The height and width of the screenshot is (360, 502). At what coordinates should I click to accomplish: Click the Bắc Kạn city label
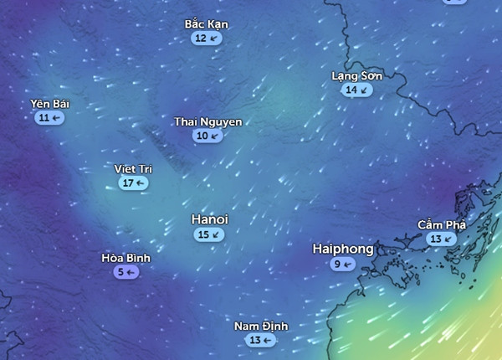(x=206, y=24)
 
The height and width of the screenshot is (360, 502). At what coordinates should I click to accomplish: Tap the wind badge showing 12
(x=206, y=39)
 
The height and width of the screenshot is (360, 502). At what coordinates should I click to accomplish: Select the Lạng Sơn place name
(x=356, y=76)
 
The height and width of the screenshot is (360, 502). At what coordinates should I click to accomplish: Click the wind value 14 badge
(x=356, y=90)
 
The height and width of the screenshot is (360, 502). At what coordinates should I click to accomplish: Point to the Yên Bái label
(x=50, y=104)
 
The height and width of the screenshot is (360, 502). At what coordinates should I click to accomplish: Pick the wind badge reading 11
(x=50, y=118)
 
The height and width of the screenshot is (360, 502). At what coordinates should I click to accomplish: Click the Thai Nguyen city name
(x=207, y=122)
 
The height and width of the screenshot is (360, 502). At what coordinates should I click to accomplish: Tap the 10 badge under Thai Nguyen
(x=207, y=136)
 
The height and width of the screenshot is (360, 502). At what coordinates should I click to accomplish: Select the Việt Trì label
(x=133, y=169)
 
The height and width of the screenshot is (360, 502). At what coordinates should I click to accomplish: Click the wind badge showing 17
(x=133, y=183)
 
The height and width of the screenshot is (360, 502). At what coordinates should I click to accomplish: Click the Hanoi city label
(x=209, y=219)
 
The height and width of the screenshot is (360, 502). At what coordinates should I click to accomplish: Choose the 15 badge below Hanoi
(x=209, y=235)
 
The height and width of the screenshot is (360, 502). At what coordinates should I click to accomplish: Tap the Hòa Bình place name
(x=125, y=258)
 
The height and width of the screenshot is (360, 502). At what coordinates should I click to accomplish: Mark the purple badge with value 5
(x=125, y=272)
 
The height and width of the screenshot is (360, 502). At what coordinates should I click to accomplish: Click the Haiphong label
(x=342, y=249)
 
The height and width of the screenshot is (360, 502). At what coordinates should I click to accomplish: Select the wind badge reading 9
(x=342, y=265)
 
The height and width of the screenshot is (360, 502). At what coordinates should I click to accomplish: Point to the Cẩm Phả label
(x=441, y=224)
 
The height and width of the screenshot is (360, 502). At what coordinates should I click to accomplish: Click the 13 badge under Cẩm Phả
(x=441, y=239)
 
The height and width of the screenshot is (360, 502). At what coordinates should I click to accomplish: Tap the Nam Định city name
(x=261, y=326)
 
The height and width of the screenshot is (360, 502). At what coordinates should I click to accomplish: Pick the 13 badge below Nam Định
(x=261, y=340)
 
